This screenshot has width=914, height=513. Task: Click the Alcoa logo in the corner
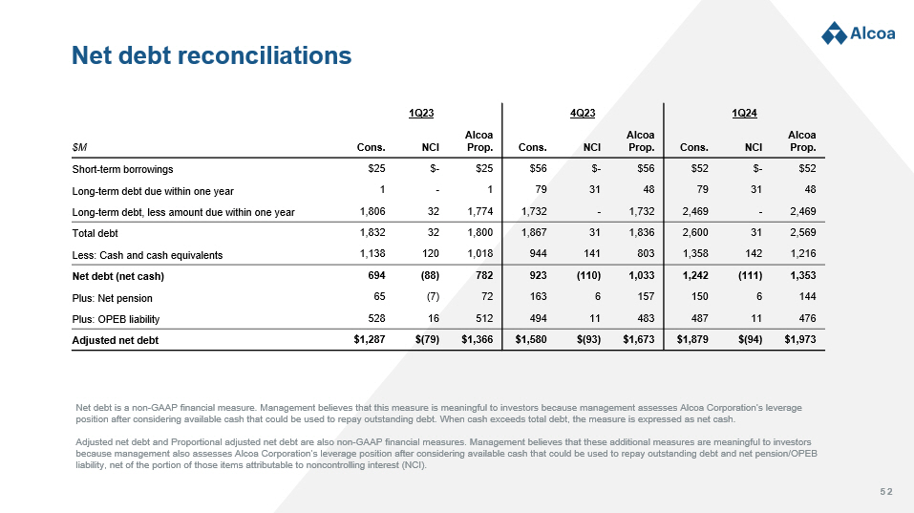click(x=858, y=32)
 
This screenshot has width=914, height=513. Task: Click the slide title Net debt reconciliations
click(x=212, y=56)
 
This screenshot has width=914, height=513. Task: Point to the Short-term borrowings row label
click(x=123, y=169)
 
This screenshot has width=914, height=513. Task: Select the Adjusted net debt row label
click(x=116, y=339)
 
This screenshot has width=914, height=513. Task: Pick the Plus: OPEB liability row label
click(x=116, y=318)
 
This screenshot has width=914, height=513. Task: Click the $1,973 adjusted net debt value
click(x=800, y=339)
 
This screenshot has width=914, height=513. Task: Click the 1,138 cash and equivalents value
click(x=372, y=254)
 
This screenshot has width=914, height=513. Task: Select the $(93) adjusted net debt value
click(x=586, y=339)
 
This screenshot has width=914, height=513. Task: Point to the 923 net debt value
click(x=537, y=275)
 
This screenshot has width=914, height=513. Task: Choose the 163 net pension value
click(x=537, y=297)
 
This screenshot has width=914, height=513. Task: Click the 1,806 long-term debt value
click(x=372, y=211)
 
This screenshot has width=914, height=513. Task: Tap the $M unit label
click(x=81, y=147)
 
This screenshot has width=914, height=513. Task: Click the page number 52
click(x=885, y=491)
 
